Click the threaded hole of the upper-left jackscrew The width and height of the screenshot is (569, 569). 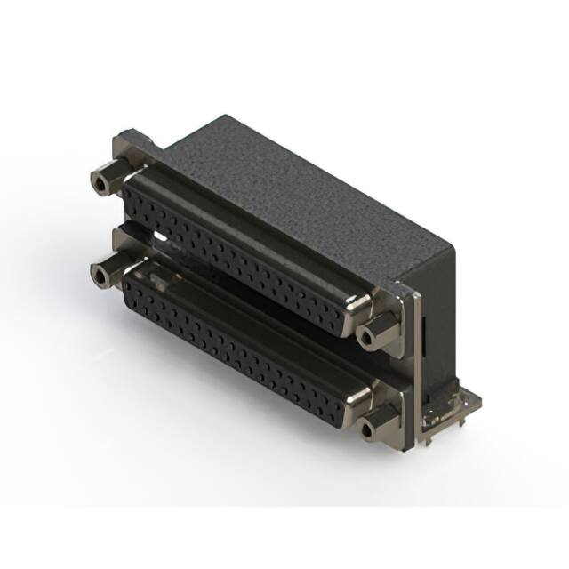coord(100,185)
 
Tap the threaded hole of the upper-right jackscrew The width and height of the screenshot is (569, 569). coord(366,337)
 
